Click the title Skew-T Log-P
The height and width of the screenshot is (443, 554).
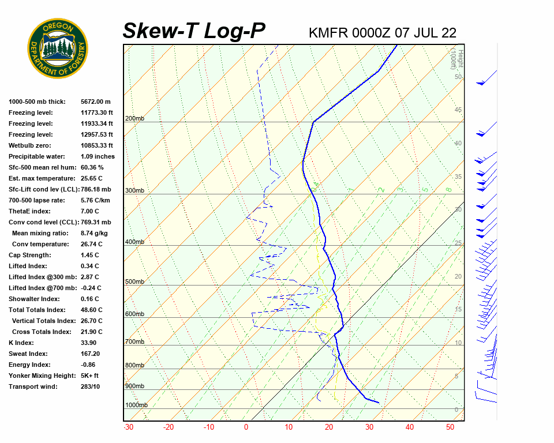(x=194, y=31)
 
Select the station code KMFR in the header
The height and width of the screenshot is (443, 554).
(x=327, y=33)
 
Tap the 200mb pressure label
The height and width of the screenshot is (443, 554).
(x=134, y=119)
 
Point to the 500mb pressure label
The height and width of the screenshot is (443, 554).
(x=134, y=282)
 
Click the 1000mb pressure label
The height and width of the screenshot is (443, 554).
(x=136, y=406)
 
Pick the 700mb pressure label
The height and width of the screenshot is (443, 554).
(x=134, y=342)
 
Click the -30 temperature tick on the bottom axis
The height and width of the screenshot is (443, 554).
(x=129, y=427)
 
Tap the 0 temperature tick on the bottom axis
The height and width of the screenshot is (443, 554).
(x=246, y=427)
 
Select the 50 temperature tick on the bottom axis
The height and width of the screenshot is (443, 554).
(x=450, y=427)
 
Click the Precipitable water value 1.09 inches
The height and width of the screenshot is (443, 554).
(x=98, y=156)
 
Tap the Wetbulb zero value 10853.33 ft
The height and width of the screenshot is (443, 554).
(x=97, y=145)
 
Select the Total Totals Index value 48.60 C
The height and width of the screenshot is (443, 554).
(x=92, y=310)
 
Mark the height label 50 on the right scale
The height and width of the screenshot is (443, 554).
(x=458, y=77)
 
